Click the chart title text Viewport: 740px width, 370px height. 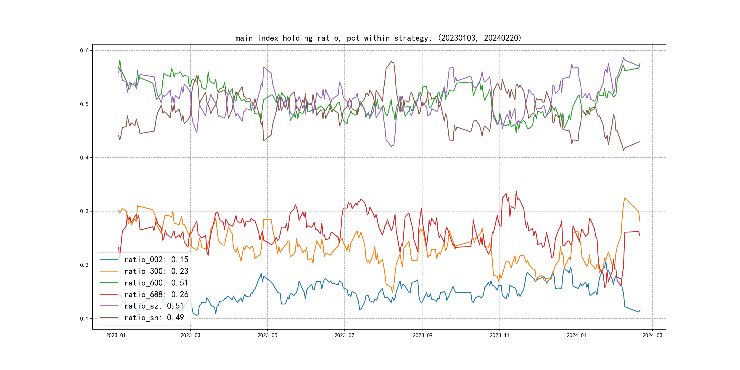[x=378, y=38]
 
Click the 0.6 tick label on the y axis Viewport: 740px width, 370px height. [x=84, y=50]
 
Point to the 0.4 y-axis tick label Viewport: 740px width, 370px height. [x=84, y=158]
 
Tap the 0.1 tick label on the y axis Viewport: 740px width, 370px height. [x=84, y=319]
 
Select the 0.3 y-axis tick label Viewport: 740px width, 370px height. [x=84, y=211]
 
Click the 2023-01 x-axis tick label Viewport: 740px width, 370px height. [x=116, y=335]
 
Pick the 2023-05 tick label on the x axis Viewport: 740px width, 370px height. [x=267, y=335]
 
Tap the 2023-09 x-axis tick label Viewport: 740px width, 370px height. [x=422, y=335]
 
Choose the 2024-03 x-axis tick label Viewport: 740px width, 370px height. [x=652, y=335]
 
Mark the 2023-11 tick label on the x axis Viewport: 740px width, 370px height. [x=499, y=335]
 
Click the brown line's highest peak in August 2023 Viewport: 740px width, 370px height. [x=391, y=61]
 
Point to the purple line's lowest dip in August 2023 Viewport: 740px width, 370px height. [x=391, y=147]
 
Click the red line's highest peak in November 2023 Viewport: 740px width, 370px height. [x=516, y=191]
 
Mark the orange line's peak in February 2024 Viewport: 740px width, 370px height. [x=625, y=198]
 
